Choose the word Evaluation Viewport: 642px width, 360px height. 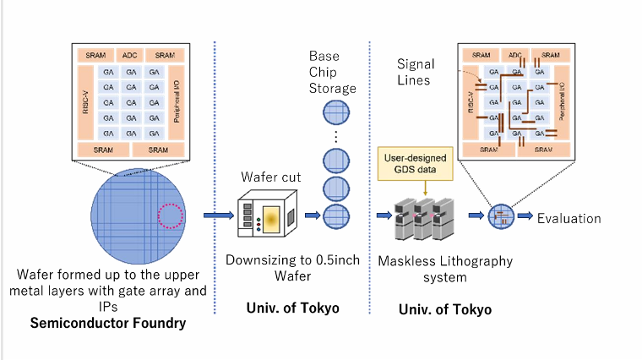pyautogui.click(x=569, y=218)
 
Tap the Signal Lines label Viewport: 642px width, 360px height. pyautogui.click(x=416, y=72)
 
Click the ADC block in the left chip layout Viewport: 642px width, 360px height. pyautogui.click(x=129, y=54)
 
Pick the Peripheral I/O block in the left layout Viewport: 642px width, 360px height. pyautogui.click(x=177, y=101)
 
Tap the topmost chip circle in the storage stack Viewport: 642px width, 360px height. pyautogui.click(x=335, y=112)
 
